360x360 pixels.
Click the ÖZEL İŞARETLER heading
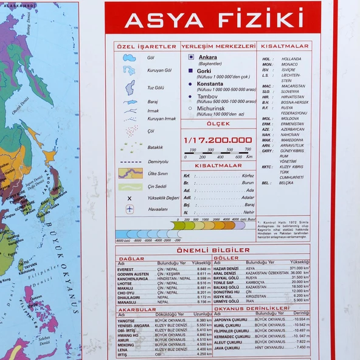147,46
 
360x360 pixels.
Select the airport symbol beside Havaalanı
130,209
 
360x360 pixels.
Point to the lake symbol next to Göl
130,58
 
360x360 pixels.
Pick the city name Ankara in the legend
207,58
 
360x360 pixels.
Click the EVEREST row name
125,269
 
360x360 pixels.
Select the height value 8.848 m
204,269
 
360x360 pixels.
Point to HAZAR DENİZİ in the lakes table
226,268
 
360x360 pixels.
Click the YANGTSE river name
126,320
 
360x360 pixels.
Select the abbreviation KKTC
267,167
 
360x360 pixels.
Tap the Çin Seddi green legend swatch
130,187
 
